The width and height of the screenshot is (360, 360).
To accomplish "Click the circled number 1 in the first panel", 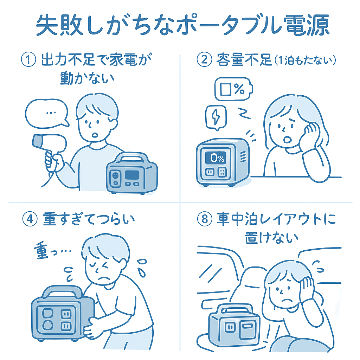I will [28, 61].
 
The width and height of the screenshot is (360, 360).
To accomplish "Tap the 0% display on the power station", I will [215, 158].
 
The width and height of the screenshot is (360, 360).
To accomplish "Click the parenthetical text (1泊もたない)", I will [305, 61].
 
